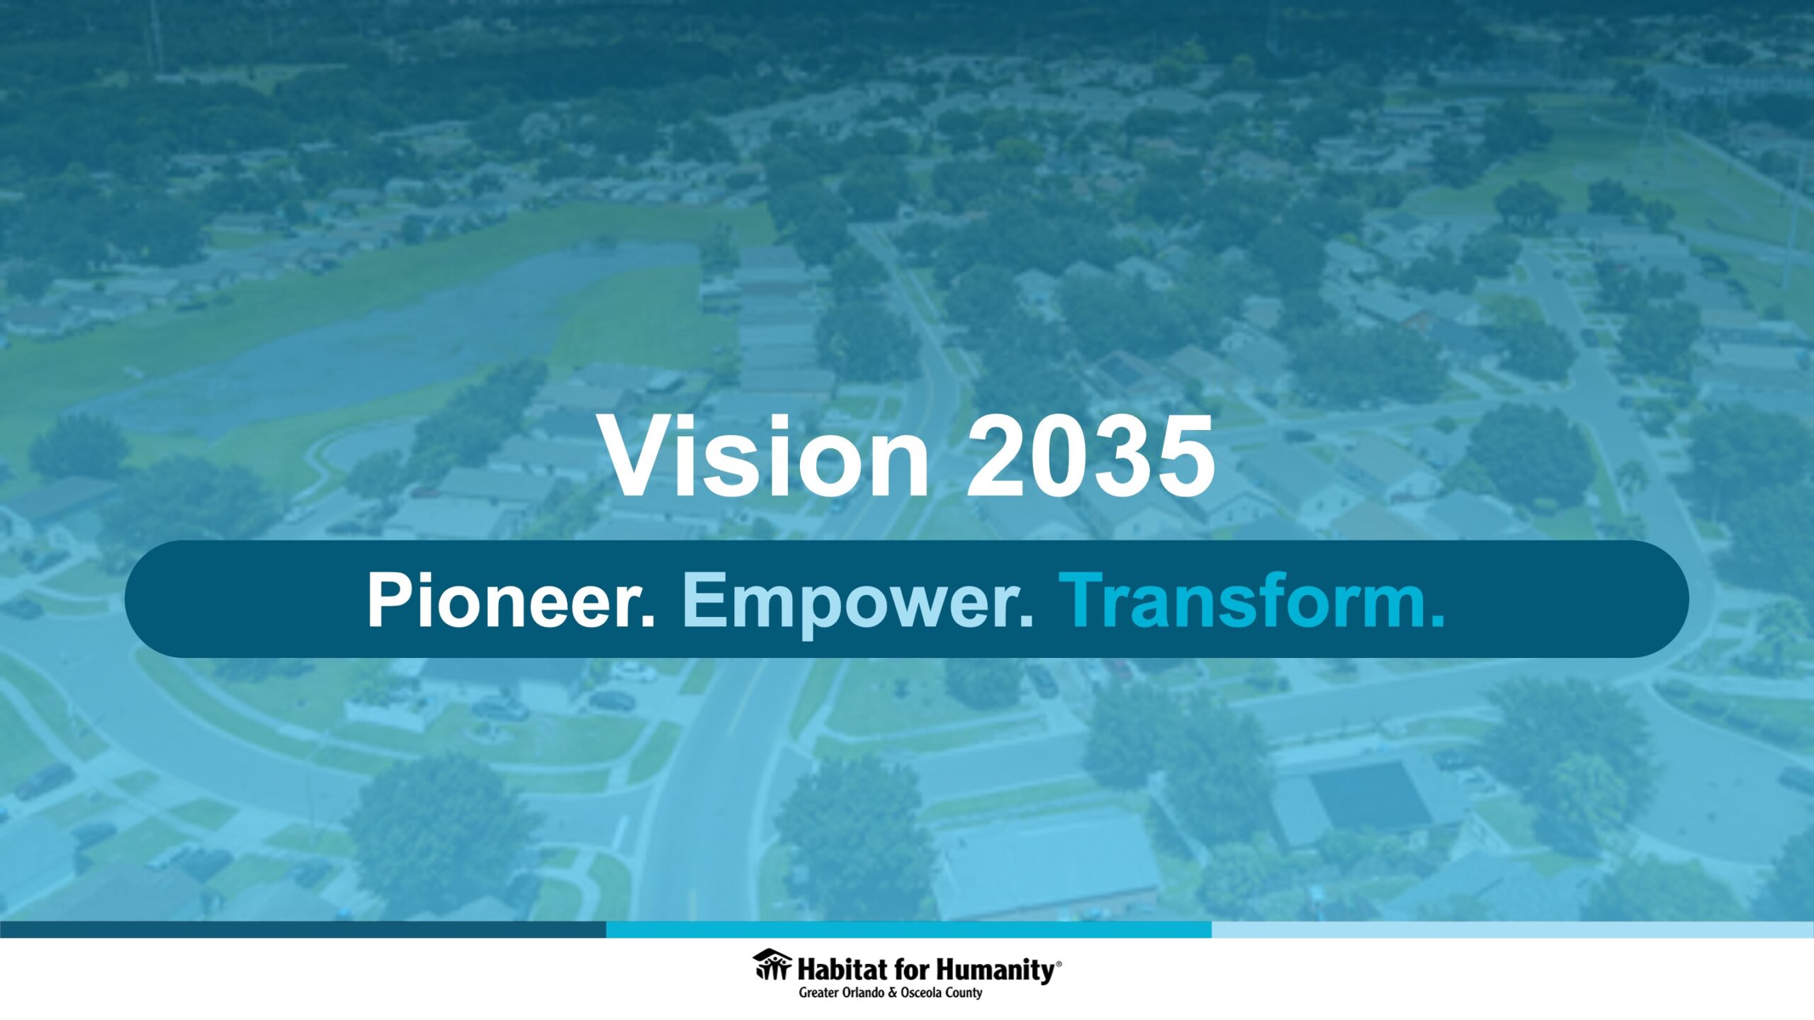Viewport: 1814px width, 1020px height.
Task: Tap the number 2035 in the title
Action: pyautogui.click(x=1091, y=456)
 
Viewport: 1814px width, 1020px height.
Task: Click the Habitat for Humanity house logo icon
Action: pyautogui.click(x=772, y=965)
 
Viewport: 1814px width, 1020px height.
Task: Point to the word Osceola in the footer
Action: pyautogui.click(x=921, y=993)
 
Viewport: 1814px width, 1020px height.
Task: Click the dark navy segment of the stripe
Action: pyautogui.click(x=303, y=929)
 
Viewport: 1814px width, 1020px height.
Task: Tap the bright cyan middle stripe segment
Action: pyautogui.click(x=909, y=929)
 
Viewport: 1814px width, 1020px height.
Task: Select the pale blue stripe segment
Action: pyautogui.click(x=1513, y=929)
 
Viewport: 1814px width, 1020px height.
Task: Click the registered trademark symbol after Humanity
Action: pyautogui.click(x=1059, y=964)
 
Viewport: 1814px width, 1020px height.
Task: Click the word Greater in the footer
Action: pyautogui.click(x=818, y=993)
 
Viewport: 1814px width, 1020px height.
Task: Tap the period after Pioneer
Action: pyautogui.click(x=647, y=621)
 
